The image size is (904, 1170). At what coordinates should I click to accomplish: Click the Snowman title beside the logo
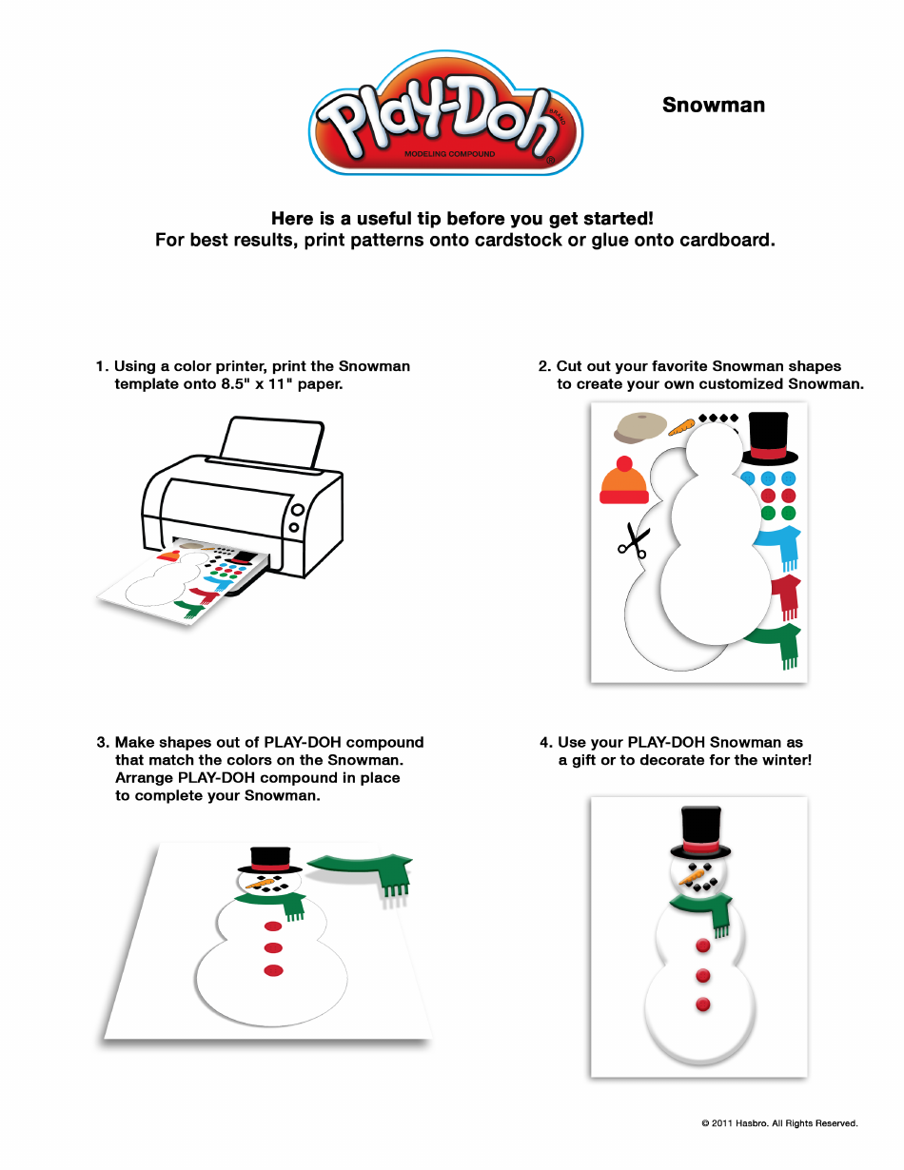tap(713, 106)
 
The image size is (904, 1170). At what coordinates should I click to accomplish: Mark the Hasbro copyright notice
tap(779, 1123)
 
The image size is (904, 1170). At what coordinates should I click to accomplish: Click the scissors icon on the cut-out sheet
tap(631, 541)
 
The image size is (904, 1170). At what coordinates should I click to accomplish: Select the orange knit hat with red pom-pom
tap(623, 482)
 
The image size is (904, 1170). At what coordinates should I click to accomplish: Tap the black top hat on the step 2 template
tap(768, 437)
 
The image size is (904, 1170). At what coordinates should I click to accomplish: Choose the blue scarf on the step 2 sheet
tap(783, 545)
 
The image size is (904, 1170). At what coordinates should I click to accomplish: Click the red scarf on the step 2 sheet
tap(786, 595)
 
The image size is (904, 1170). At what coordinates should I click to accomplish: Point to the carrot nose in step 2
tap(681, 427)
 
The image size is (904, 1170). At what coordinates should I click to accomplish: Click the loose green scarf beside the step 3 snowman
tap(366, 870)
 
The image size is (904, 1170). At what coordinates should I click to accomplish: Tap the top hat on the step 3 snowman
tap(269, 860)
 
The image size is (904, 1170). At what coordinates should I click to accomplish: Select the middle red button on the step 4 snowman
tap(703, 975)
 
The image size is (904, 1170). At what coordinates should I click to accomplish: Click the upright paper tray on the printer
tap(271, 439)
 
